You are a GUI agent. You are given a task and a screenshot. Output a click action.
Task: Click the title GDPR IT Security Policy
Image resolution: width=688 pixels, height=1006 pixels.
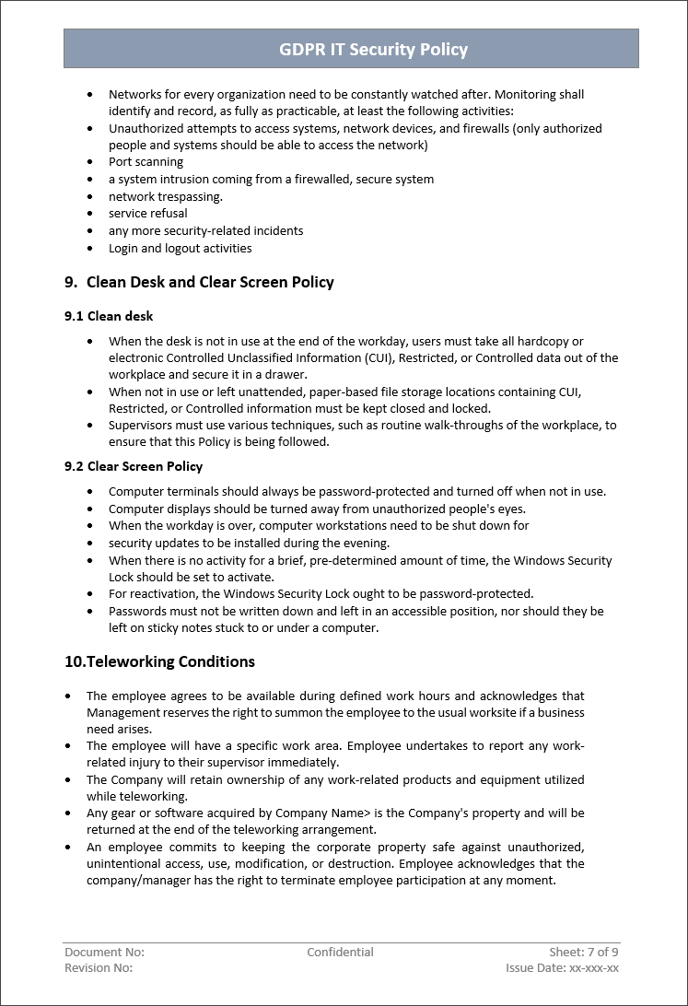tap(373, 50)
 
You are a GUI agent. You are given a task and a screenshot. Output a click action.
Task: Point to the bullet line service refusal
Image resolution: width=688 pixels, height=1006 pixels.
tap(147, 214)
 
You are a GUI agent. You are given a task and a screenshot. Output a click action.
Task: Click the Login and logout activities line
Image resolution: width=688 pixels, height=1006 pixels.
tap(180, 249)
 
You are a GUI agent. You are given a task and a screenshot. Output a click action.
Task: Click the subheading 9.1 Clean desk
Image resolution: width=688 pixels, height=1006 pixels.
tap(109, 316)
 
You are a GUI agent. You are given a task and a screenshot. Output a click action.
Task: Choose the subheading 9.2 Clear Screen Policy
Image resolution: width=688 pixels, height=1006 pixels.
tap(134, 467)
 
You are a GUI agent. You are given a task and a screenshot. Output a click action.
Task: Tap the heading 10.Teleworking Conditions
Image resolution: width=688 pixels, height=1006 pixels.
tap(159, 661)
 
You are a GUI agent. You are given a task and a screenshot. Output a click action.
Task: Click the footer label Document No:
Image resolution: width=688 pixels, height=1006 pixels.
tap(104, 953)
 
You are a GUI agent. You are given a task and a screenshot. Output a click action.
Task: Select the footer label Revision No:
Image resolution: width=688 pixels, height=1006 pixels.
tap(99, 968)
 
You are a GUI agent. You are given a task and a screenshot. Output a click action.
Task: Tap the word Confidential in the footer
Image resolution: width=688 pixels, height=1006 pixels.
tap(340, 953)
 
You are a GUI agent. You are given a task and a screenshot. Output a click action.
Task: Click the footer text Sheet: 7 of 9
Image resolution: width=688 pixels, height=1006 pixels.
tap(584, 953)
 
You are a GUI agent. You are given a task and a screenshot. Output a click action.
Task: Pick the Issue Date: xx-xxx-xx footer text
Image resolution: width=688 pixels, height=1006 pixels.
tap(562, 968)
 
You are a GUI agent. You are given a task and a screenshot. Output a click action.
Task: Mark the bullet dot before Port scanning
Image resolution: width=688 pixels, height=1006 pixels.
tap(89, 162)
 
